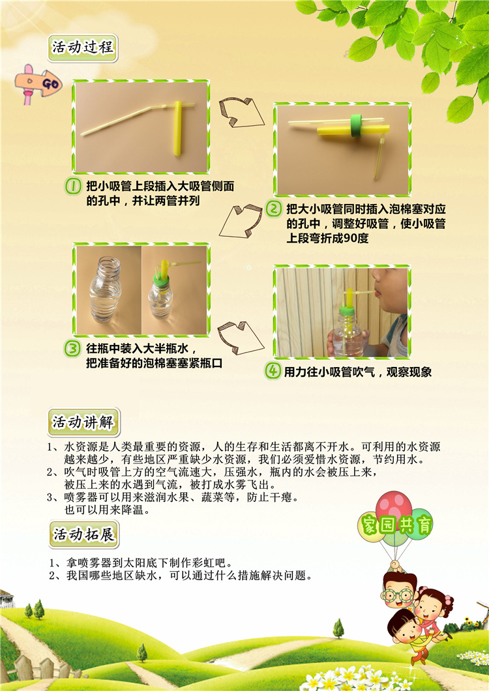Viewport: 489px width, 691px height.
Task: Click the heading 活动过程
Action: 83,48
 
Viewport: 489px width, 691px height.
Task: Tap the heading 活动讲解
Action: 83,422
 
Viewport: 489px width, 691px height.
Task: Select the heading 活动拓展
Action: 83,535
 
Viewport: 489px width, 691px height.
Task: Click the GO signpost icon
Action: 39,83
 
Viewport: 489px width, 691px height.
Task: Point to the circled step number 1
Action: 74,186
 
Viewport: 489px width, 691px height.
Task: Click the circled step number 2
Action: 274,209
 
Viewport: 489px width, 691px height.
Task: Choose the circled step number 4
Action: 272,372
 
